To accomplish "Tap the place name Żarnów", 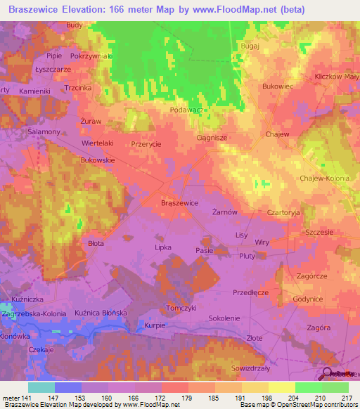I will [224, 211].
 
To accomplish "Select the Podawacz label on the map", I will [187, 110].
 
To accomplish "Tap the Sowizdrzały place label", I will [252, 368].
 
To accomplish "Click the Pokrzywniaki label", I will [92, 56].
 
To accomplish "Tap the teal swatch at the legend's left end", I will [41, 387].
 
